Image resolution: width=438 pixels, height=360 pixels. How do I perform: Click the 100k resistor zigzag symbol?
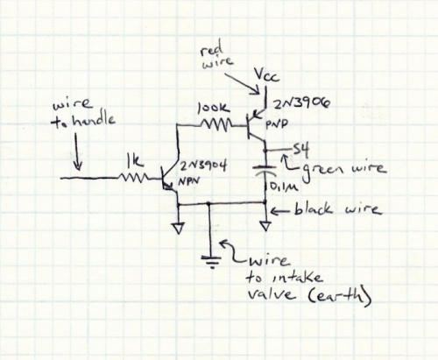click(x=217, y=125)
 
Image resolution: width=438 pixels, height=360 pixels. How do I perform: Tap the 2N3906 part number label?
click(x=300, y=103)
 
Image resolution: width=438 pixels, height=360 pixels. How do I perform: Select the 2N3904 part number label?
click(x=203, y=166)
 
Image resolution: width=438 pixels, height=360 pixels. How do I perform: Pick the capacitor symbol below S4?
click(x=265, y=170)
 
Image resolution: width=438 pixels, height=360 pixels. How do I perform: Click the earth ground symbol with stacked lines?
click(x=211, y=261)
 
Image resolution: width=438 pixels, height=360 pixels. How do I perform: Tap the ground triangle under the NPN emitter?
click(x=178, y=228)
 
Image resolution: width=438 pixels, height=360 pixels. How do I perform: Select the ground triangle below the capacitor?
click(x=265, y=226)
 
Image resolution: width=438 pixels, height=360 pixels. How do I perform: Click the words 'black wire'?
click(x=337, y=208)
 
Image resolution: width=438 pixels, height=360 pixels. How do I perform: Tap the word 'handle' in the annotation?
click(x=93, y=120)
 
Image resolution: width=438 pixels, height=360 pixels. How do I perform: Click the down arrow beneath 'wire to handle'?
click(x=78, y=152)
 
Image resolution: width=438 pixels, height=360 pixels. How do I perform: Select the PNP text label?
click(x=276, y=124)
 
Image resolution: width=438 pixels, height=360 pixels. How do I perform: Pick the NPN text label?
click(x=189, y=181)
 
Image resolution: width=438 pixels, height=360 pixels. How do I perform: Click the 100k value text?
click(x=214, y=109)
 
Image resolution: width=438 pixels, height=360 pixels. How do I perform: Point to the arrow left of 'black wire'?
click(x=280, y=210)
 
